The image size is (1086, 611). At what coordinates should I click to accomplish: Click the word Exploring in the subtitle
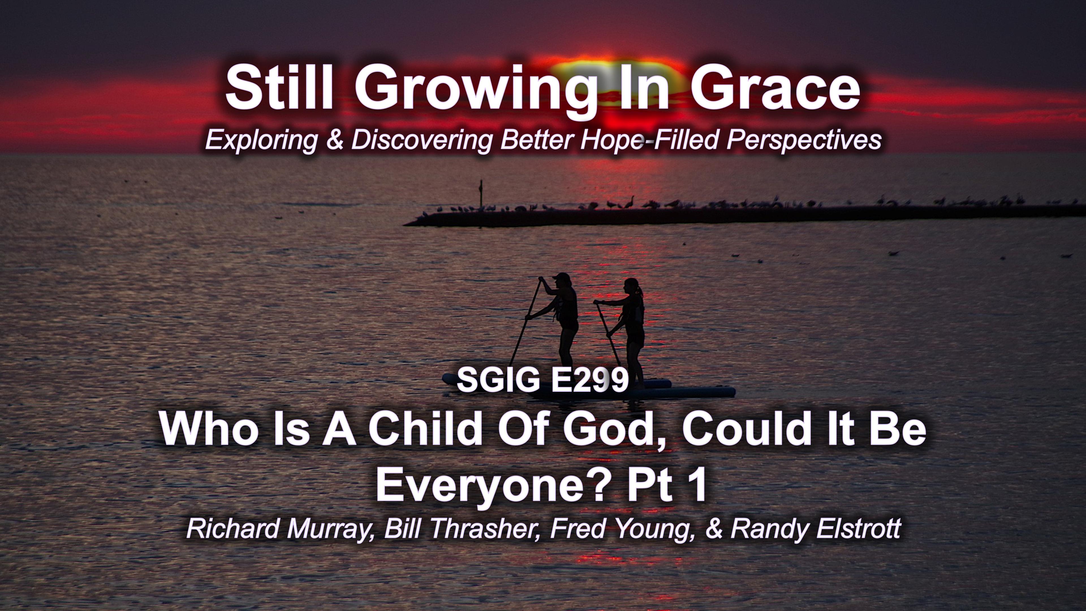[x=261, y=140]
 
